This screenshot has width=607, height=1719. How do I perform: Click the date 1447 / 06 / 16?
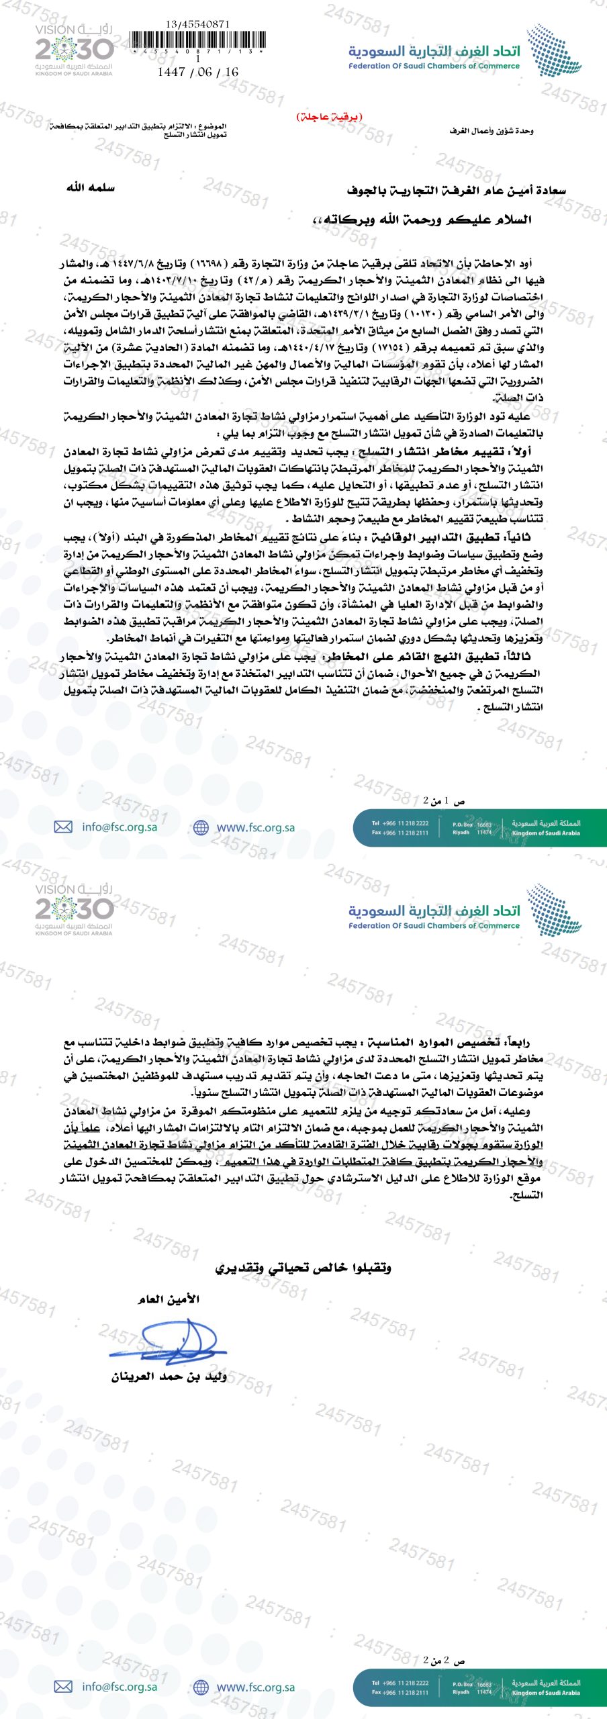[197, 72]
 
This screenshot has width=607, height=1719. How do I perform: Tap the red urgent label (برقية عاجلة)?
[329, 116]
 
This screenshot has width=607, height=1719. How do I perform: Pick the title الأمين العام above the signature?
[169, 1299]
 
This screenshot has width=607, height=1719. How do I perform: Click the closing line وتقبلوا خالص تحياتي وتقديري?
[303, 1267]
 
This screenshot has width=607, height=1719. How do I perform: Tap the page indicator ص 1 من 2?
[444, 800]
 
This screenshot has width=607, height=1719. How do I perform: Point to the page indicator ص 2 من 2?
[444, 1660]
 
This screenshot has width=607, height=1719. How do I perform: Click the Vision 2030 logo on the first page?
[74, 50]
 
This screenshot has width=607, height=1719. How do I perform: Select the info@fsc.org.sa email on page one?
[120, 827]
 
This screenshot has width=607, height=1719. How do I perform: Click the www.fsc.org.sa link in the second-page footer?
[255, 1687]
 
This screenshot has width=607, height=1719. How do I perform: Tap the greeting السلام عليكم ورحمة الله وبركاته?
[422, 220]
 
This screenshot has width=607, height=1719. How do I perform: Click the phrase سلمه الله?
[91, 187]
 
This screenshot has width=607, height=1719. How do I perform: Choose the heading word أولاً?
[519, 451]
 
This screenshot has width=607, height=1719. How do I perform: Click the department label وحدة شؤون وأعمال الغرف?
[492, 130]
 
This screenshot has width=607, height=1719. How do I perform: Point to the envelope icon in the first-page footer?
[63, 827]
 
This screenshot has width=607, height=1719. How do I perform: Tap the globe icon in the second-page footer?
[201, 1687]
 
